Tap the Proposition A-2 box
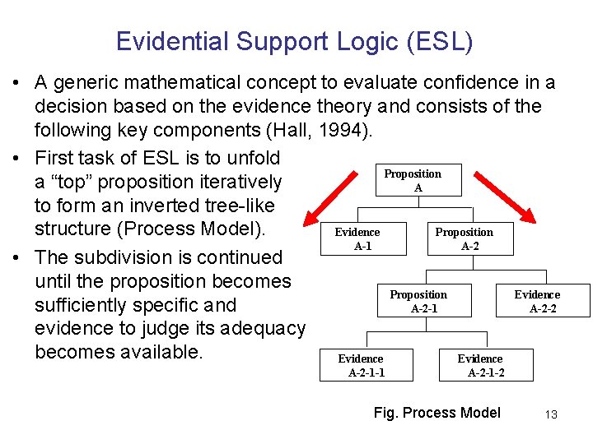464,239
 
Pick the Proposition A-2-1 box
418,302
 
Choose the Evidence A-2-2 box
537,302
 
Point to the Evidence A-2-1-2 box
482,365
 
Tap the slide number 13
551,414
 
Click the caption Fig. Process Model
437,413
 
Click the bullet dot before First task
16,158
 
